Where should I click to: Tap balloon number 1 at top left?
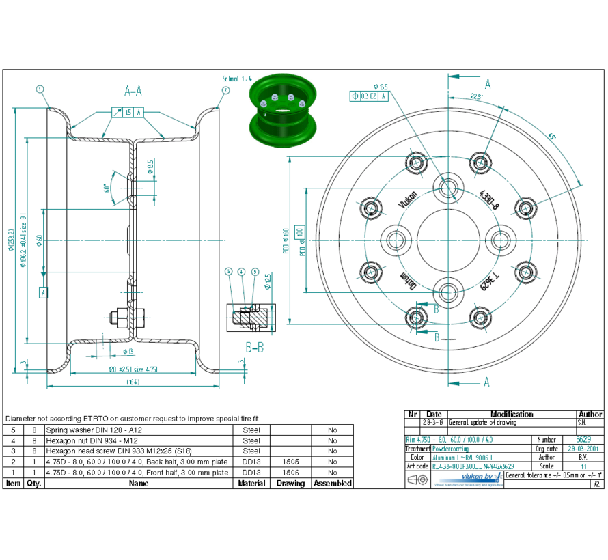tap(40, 89)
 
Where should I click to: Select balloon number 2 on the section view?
tap(225, 89)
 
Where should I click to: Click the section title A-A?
tap(133, 89)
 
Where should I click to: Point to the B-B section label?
tap(255, 347)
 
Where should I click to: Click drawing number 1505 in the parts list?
tap(290, 462)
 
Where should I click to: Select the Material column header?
tap(251, 484)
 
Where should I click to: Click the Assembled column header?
tap(332, 484)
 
